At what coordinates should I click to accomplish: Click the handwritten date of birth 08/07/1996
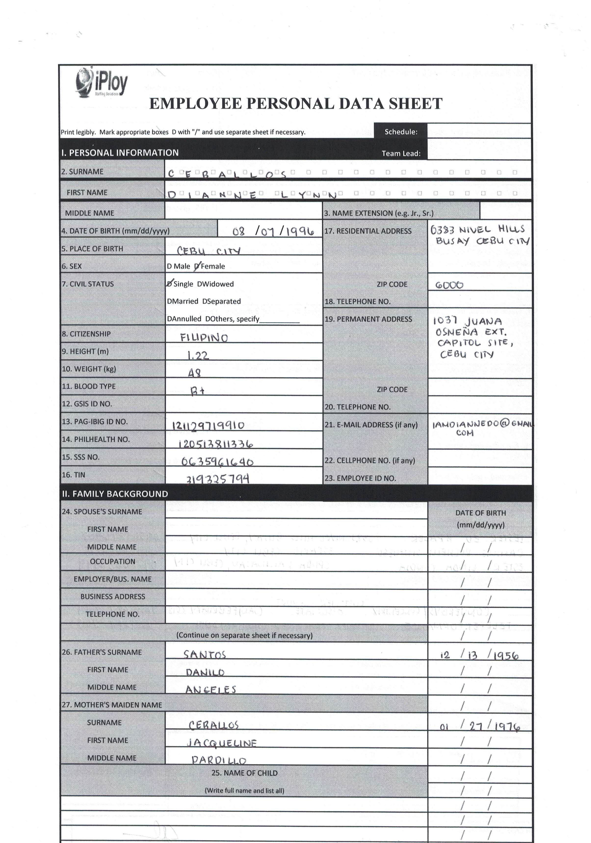(273, 231)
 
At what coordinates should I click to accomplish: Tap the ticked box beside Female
(197, 266)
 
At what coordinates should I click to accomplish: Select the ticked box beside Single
(170, 284)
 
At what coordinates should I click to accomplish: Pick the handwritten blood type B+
(197, 391)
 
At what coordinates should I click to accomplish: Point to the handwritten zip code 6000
(449, 285)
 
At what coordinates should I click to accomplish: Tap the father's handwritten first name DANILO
(205, 672)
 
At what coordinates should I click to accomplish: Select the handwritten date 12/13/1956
(479, 655)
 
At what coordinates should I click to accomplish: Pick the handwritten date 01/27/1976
(480, 726)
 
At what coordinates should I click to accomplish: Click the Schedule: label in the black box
(401, 132)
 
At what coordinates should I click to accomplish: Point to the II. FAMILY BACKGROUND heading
(115, 494)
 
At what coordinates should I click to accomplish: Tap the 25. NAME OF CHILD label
(244, 773)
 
